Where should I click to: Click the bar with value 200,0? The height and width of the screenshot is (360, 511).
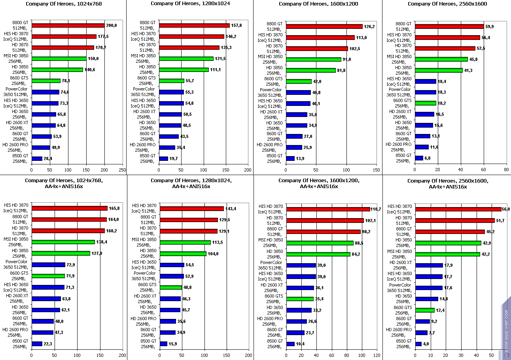pos(68,26)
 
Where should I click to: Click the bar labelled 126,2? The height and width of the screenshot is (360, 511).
pos(324,26)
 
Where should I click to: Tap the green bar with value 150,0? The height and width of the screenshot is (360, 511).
pos(59,58)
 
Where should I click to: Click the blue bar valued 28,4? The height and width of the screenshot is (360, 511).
pos(37,158)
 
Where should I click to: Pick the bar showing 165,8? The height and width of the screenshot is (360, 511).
pos(70,208)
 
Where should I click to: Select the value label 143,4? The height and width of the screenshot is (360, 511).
pos(231,208)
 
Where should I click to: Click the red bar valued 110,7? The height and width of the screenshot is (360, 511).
pos(328,209)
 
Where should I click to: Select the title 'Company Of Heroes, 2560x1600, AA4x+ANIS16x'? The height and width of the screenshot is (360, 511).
pos(447,184)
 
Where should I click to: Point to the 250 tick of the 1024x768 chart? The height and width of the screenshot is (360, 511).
pos(122,170)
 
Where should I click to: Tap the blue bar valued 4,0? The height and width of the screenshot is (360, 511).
pos(418,344)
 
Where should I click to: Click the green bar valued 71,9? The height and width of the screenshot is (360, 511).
pos(48,276)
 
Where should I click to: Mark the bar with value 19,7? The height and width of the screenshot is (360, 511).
pos(163,158)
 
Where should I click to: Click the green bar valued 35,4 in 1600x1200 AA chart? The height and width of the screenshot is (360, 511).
pos(300,299)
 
